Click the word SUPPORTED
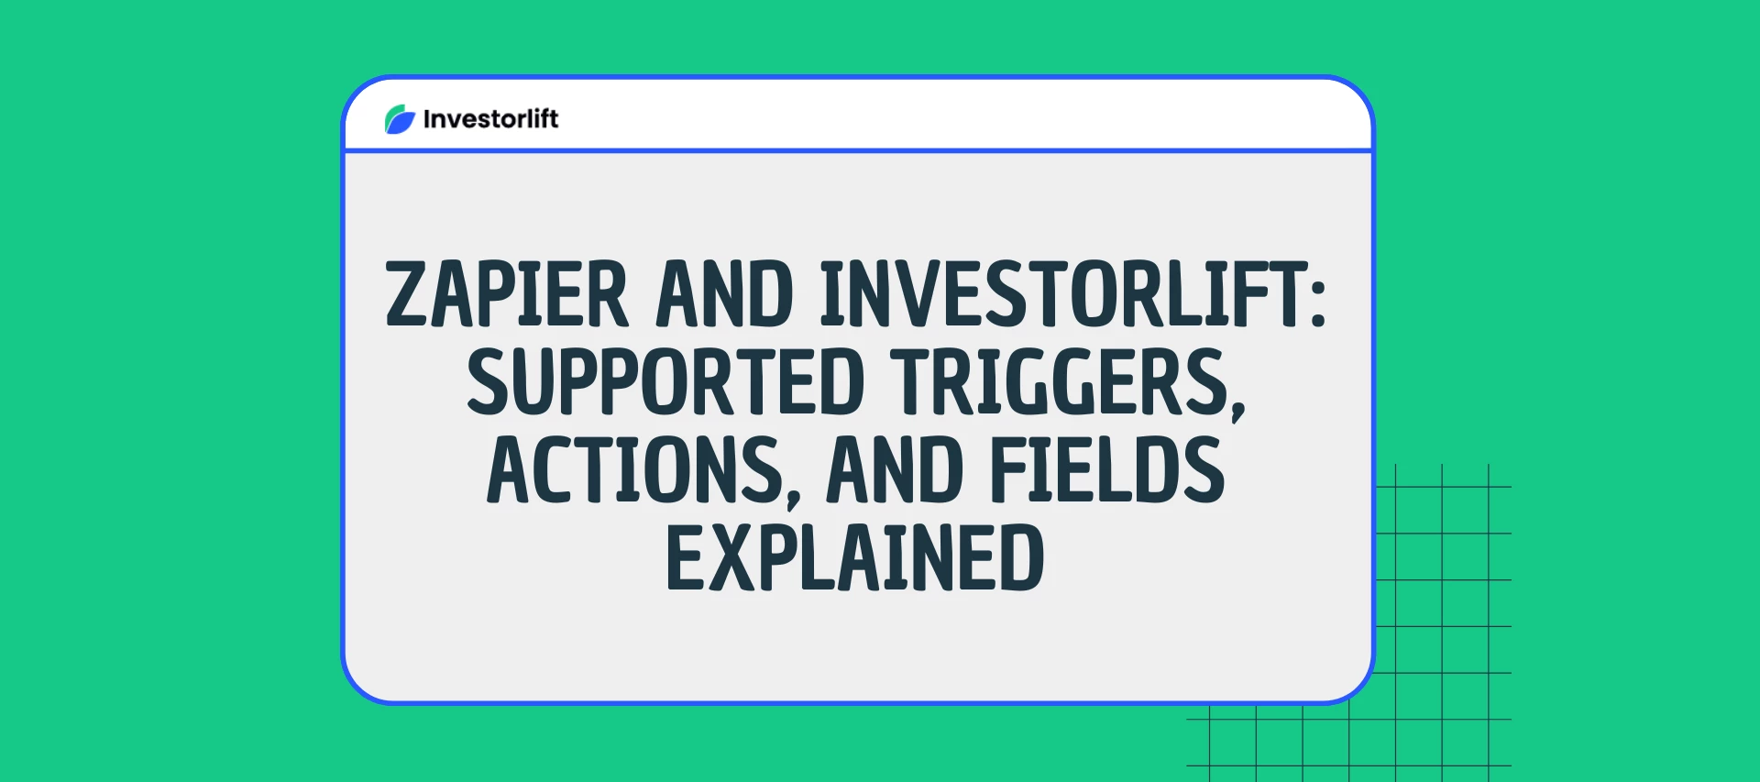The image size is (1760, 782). click(665, 381)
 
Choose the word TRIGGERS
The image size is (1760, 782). click(1059, 381)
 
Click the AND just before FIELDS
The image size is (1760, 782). click(895, 469)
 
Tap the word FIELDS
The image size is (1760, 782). click(1107, 469)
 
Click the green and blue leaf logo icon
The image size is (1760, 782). click(400, 119)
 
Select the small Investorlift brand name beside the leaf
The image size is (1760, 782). click(490, 119)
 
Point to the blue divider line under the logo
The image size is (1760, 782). click(858, 150)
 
